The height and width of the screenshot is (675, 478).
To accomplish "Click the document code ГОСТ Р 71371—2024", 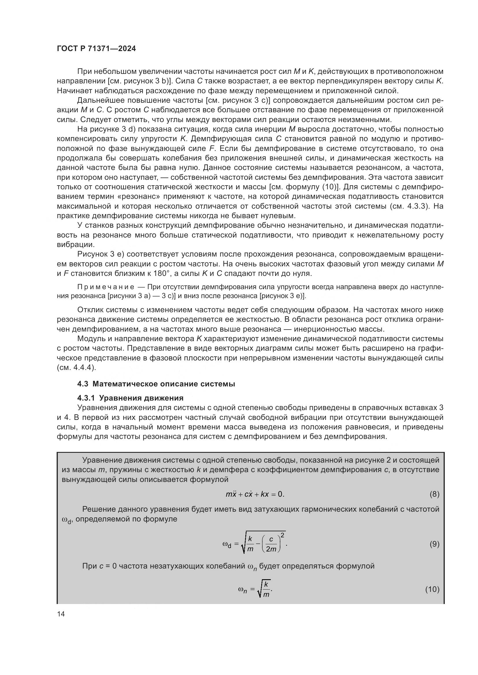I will [96, 49].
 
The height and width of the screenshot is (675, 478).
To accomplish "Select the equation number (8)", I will [434, 494].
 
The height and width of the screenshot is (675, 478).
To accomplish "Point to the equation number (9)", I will [434, 544].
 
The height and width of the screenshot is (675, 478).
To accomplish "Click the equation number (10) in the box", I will [432, 590].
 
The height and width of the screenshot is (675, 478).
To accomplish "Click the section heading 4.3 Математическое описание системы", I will [156, 384].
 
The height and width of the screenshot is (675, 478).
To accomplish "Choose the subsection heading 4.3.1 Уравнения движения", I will [130, 398].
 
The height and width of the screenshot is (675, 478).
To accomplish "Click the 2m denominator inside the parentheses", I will [271, 549].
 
